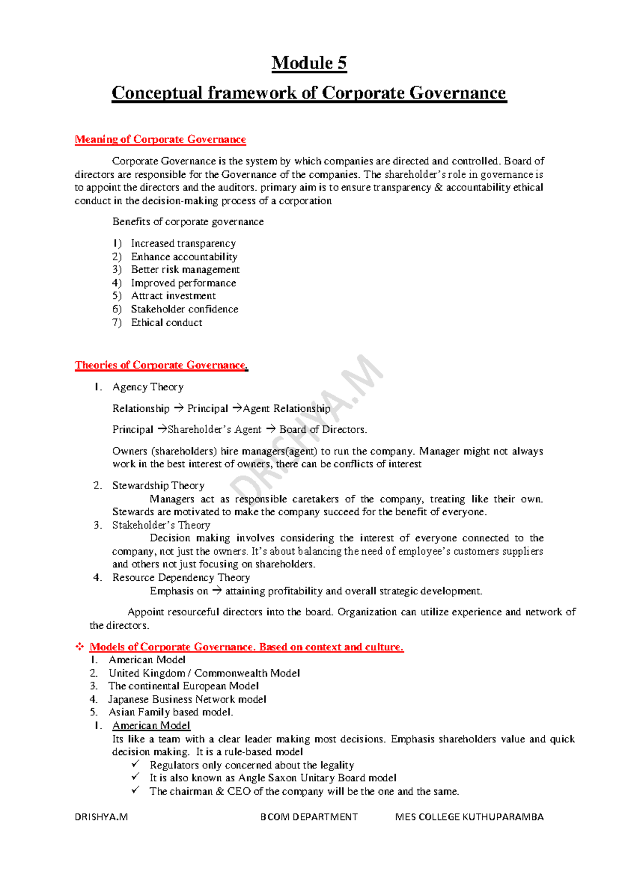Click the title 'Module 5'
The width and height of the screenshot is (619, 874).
(x=309, y=63)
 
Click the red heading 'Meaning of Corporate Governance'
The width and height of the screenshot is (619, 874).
(x=160, y=140)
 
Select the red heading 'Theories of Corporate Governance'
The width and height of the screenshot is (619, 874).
(x=160, y=365)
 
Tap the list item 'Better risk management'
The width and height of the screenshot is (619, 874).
(x=185, y=270)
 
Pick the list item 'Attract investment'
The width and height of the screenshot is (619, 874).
(x=173, y=296)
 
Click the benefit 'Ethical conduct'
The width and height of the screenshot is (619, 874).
(x=167, y=323)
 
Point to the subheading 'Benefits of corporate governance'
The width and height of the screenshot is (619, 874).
(x=188, y=222)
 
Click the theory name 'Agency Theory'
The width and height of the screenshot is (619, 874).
(x=148, y=387)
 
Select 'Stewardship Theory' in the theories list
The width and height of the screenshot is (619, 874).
(x=158, y=485)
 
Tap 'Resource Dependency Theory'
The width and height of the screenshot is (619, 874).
(x=181, y=578)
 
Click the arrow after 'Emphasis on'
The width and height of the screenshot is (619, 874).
(x=217, y=591)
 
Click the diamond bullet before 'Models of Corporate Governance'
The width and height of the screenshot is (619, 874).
(x=80, y=647)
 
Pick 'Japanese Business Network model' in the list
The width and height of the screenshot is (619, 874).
(x=187, y=699)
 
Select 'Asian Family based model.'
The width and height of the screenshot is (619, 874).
(x=171, y=712)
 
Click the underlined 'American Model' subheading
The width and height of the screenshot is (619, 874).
(x=151, y=726)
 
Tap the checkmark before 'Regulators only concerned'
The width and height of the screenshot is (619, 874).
(x=136, y=764)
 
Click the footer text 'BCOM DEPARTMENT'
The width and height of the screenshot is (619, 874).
(x=309, y=817)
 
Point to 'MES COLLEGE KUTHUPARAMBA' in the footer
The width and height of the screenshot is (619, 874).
(x=469, y=817)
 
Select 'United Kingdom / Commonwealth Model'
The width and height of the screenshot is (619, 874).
(x=204, y=673)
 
